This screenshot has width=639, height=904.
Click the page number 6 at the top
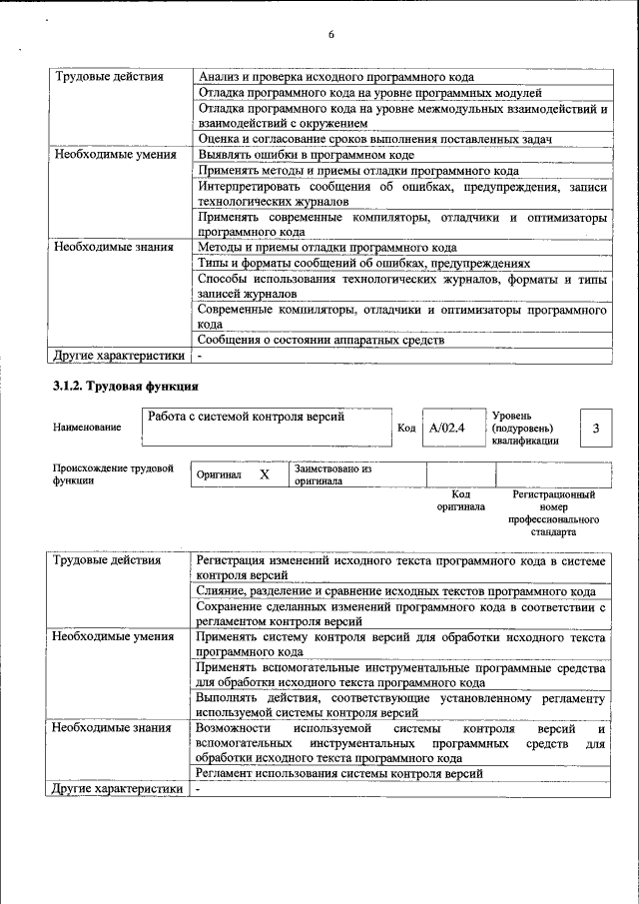point(330,36)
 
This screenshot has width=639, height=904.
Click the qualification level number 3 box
point(595,428)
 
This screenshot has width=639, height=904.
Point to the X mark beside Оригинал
point(265,474)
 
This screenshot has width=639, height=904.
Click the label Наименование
point(87,428)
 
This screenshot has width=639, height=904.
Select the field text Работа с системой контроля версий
point(246,417)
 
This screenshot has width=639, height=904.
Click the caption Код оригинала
point(460,500)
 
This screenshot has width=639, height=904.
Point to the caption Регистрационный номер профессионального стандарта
point(553,512)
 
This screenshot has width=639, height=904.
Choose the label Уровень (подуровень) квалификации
point(525,428)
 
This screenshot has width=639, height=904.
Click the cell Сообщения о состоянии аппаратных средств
point(320,341)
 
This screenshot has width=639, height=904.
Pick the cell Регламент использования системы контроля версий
point(339,773)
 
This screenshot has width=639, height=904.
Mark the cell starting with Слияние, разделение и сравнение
point(395,591)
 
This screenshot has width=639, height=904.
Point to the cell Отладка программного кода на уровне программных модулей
point(369,93)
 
